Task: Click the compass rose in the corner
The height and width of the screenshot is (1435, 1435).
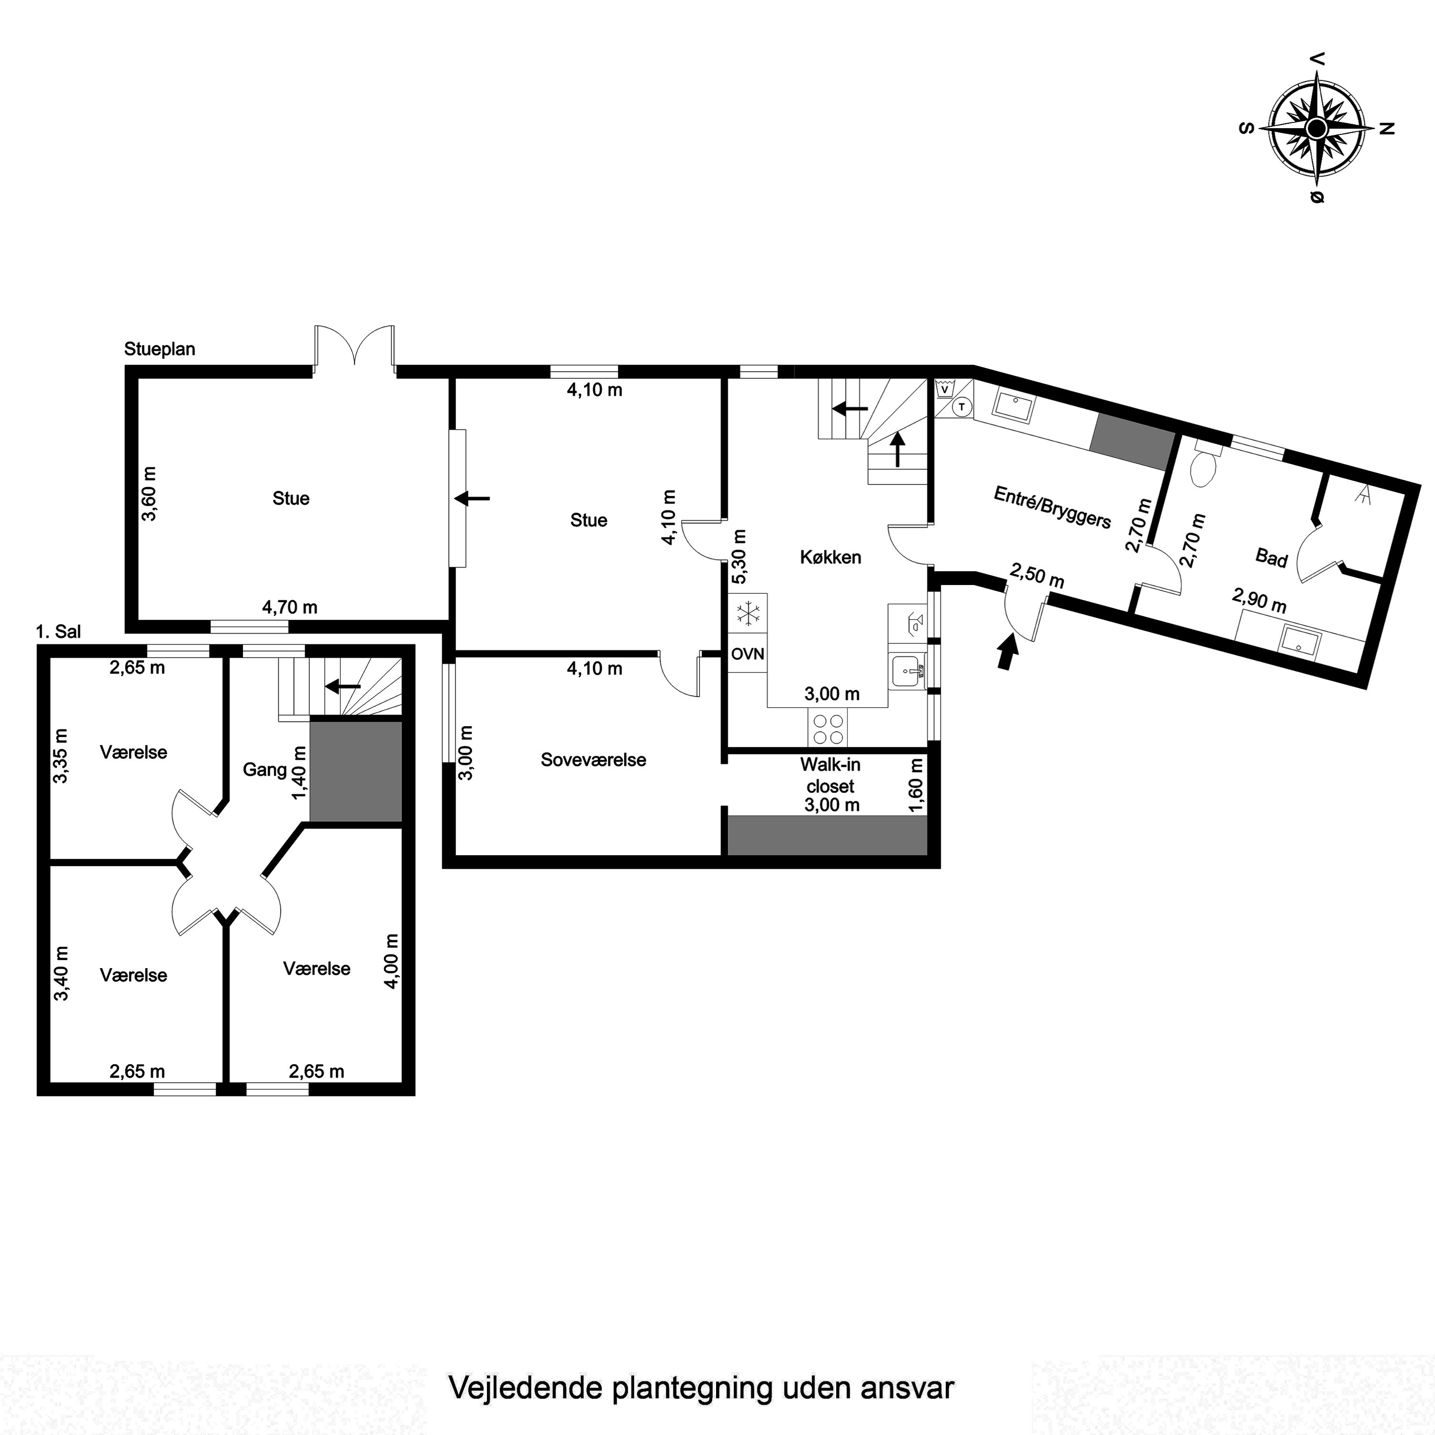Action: tap(1316, 129)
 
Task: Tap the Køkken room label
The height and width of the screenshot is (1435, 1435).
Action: tap(830, 557)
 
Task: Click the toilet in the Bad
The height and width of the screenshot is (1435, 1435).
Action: tap(1203, 466)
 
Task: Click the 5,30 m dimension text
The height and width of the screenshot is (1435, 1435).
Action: tap(739, 557)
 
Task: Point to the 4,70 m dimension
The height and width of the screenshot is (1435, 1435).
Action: tap(290, 607)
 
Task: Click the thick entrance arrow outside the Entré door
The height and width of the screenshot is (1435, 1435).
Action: tap(1007, 652)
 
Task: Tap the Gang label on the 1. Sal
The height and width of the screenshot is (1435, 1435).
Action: tap(265, 770)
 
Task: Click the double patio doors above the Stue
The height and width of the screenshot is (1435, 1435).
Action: tap(354, 346)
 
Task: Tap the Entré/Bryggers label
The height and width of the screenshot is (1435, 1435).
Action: tap(1052, 508)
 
